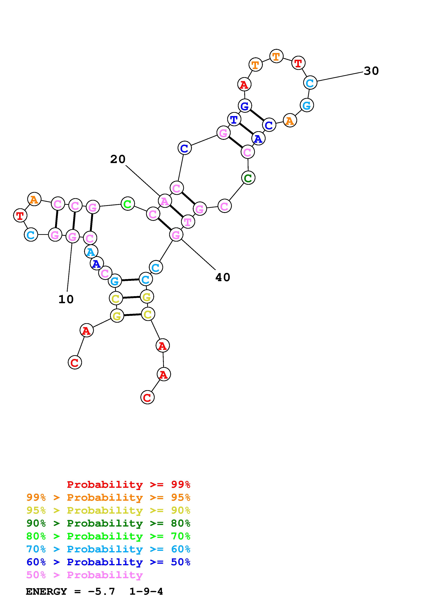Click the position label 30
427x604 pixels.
click(x=371, y=71)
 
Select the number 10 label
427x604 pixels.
click(x=66, y=299)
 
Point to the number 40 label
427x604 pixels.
click(x=223, y=277)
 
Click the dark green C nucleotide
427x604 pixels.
click(x=248, y=178)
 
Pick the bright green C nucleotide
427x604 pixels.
click(x=128, y=204)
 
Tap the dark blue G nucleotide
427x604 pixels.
click(x=245, y=106)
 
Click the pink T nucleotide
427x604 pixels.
click(x=188, y=222)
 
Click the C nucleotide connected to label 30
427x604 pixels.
click(x=310, y=83)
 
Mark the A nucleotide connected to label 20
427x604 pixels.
click(x=165, y=201)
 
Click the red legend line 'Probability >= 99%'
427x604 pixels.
click(x=129, y=484)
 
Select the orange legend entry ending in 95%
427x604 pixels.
click(x=108, y=497)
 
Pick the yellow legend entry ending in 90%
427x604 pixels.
click(x=108, y=510)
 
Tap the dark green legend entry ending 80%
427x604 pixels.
click(x=108, y=523)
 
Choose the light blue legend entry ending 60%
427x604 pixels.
click(x=108, y=549)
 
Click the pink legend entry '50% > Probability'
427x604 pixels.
click(x=84, y=575)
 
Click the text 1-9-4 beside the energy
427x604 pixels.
click(x=146, y=592)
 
